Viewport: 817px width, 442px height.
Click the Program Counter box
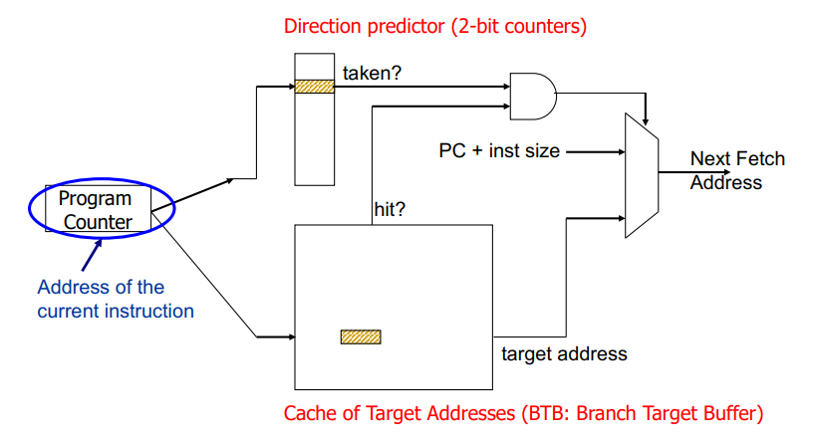[x=96, y=210]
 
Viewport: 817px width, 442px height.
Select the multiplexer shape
[x=640, y=174]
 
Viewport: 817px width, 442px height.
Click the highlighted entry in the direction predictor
[x=314, y=87]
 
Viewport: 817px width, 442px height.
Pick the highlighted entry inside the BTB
[x=361, y=337]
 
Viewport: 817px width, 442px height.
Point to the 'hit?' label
[x=391, y=211]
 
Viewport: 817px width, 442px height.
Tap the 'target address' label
[x=564, y=353]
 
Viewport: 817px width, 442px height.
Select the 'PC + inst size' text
[x=499, y=151]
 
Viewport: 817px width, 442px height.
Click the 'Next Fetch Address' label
[x=737, y=170]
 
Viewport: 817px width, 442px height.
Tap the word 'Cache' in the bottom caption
[x=310, y=413]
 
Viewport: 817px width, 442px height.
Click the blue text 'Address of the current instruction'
[x=116, y=299]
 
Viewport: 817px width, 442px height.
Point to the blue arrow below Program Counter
[x=92, y=255]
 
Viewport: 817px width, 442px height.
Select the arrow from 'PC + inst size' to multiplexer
[x=594, y=152]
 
